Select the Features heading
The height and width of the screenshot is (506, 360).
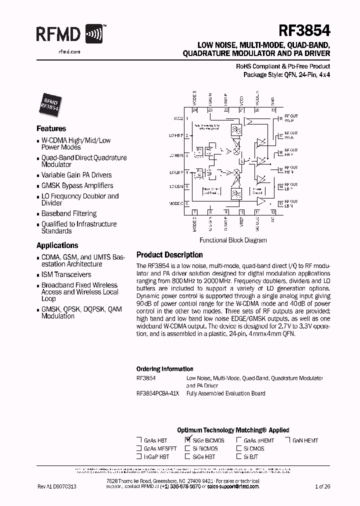[x=51, y=128]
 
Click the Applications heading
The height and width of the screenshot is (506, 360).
[x=57, y=245]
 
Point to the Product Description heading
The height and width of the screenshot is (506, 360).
[x=169, y=254]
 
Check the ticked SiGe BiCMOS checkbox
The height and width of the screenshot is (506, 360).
[x=188, y=440]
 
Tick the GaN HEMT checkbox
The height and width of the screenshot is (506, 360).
[x=288, y=440]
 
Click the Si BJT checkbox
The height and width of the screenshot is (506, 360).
[x=239, y=456]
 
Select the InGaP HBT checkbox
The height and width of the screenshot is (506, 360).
[x=139, y=456]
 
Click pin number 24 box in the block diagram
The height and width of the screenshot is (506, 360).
[x=195, y=109]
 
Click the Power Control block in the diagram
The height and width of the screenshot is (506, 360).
[x=257, y=190]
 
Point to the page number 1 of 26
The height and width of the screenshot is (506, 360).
[x=322, y=486]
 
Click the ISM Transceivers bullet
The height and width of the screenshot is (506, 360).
[x=66, y=274]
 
